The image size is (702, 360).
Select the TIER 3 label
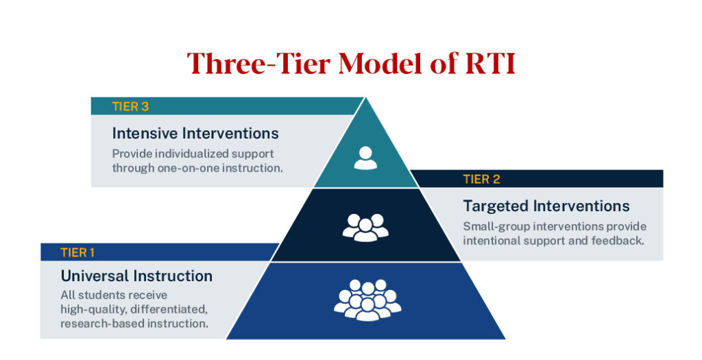[130, 106]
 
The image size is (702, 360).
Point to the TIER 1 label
[78, 253]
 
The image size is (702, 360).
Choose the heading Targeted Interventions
[546, 206]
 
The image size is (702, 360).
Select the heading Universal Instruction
[136, 276]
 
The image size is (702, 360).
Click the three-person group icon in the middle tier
[365, 226]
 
